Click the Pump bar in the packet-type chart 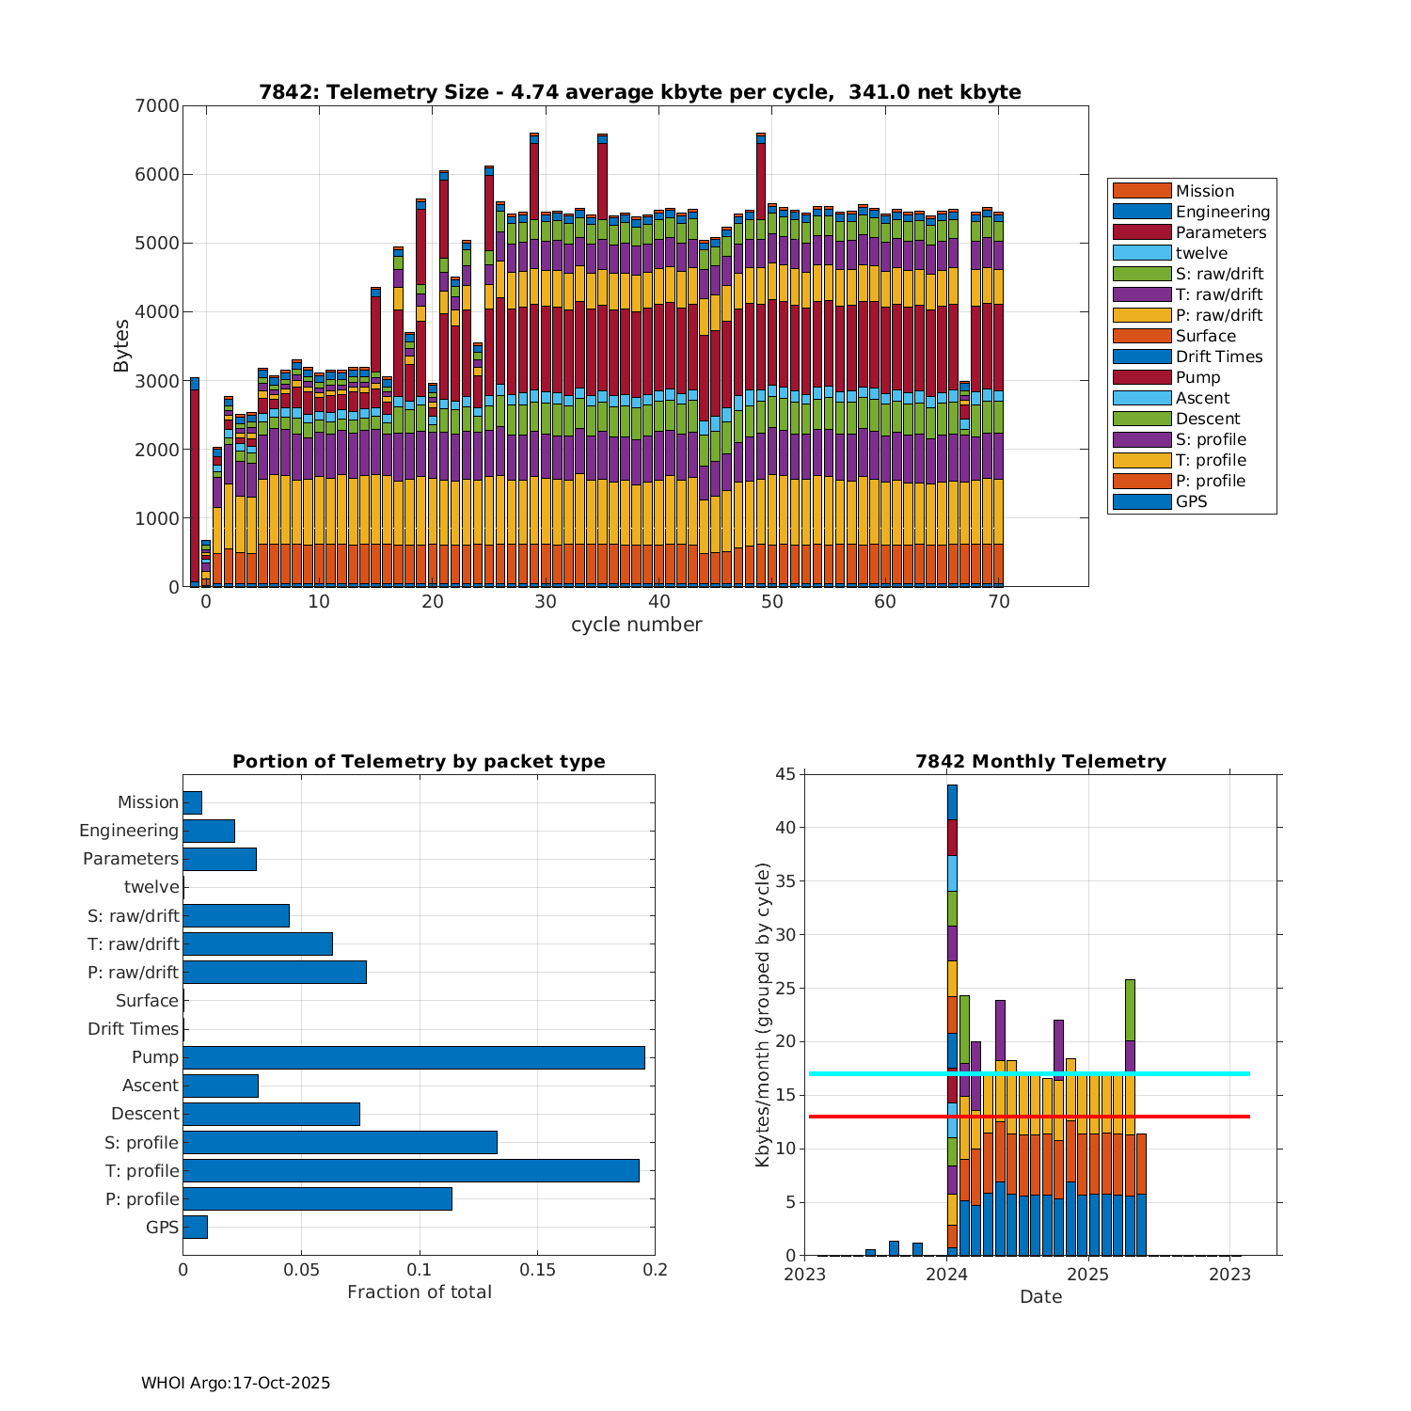414,1057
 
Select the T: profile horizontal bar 411,1170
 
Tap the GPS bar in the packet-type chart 195,1227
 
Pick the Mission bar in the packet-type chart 192,802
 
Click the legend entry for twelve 1201,253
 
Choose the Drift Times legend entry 1218,357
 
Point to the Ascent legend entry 1202,398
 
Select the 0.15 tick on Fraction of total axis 537,1270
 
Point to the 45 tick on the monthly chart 785,774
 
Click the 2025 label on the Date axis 1088,1275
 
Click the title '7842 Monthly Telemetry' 1040,762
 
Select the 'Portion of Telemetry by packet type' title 419,762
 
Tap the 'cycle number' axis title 636,625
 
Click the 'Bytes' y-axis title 121,346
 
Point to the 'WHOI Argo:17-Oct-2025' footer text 235,1383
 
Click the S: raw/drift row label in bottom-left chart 134,915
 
